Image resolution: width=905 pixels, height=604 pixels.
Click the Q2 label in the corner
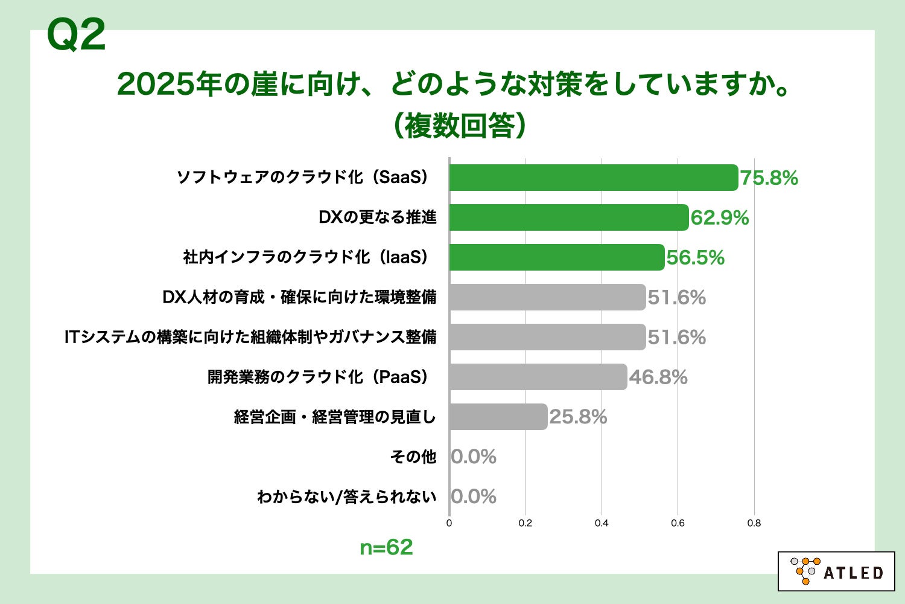click(x=77, y=36)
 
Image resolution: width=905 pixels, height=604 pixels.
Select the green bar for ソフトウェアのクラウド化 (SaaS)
click(x=594, y=178)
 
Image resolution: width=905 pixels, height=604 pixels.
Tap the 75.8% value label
click(x=769, y=178)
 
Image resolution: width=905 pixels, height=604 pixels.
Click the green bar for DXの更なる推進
click(x=569, y=217)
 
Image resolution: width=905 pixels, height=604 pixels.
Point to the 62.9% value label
click(x=719, y=218)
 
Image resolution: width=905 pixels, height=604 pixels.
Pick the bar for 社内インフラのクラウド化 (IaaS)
click(x=557, y=257)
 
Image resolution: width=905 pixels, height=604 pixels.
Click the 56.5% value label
click(x=695, y=258)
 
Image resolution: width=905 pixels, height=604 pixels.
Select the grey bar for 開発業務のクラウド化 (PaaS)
click(x=538, y=377)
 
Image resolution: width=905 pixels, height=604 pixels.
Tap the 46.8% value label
click(x=658, y=377)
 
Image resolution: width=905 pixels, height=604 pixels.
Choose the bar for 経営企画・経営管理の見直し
click(x=498, y=417)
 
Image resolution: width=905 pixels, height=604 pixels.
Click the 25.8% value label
click(x=578, y=417)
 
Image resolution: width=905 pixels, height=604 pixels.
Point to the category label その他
click(x=413, y=457)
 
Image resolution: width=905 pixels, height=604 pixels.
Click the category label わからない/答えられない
click(x=346, y=496)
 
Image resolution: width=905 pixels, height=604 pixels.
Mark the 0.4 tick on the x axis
click(x=602, y=523)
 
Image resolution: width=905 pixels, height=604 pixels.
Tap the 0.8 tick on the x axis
click(x=754, y=523)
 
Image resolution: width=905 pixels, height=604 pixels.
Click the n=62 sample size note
click(x=386, y=547)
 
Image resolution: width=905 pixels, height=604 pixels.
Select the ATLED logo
click(x=836, y=571)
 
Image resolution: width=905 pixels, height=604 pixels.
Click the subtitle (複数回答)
click(x=459, y=126)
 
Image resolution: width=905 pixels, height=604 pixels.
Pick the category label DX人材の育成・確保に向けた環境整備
click(x=299, y=297)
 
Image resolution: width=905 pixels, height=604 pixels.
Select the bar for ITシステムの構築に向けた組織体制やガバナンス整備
click(x=547, y=337)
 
